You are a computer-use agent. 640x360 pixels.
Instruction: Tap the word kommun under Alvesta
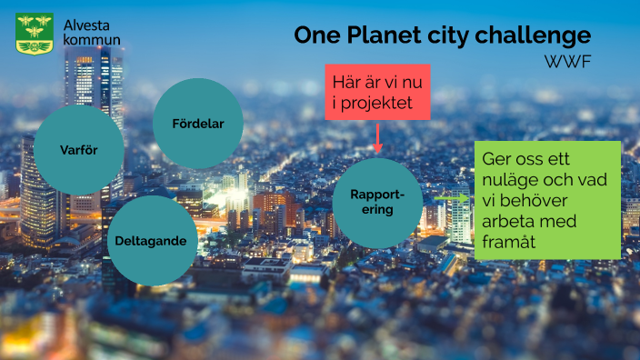[x=91, y=40]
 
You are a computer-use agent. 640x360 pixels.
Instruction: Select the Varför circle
[x=78, y=149]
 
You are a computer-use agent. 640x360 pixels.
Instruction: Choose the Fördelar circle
[x=197, y=124]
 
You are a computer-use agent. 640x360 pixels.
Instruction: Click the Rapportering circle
[x=378, y=203]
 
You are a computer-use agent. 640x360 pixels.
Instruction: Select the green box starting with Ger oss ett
[x=547, y=200]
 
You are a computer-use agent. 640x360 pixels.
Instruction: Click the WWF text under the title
[x=567, y=62]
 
